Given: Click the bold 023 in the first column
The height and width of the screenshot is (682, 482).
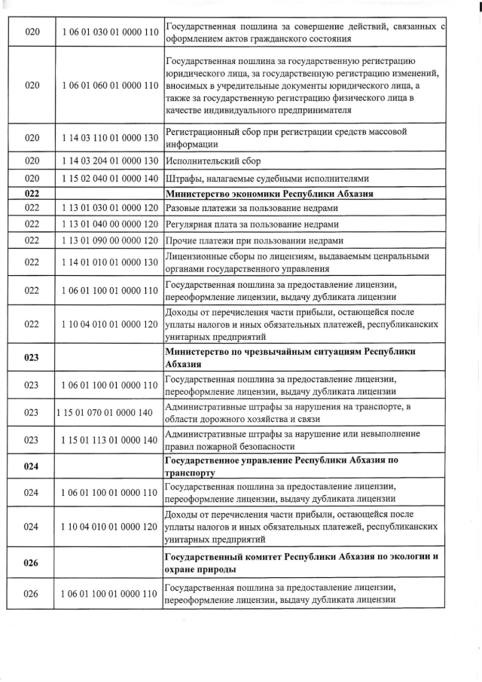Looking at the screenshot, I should click(x=32, y=359).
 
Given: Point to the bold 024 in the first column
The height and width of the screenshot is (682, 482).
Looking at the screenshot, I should click(x=32, y=466).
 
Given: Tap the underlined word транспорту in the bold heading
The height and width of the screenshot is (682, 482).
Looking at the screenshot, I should click(x=190, y=473).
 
